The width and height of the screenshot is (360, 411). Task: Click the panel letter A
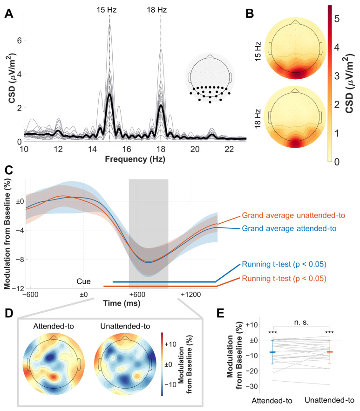(x=8, y=13)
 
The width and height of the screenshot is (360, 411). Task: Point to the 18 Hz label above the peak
(x=161, y=9)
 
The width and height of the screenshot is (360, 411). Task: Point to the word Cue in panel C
(x=84, y=281)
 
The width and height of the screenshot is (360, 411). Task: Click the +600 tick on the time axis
(x=137, y=295)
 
